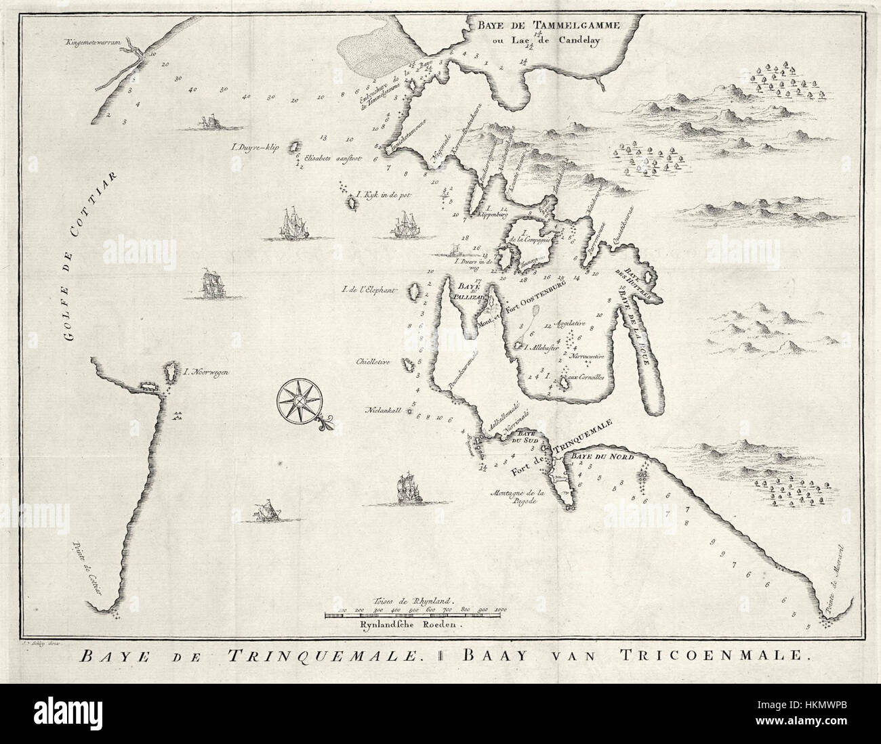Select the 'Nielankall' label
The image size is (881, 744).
click(384, 410)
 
